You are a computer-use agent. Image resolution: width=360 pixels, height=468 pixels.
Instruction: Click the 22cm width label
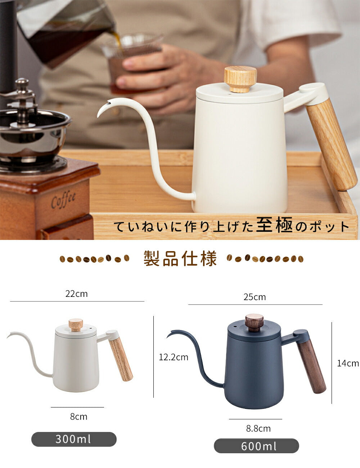click(76, 294)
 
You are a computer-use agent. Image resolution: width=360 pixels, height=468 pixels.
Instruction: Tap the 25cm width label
click(255, 297)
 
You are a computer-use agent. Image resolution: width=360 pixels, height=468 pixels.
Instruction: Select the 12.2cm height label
click(174, 357)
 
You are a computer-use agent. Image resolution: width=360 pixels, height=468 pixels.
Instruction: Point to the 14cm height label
click(348, 363)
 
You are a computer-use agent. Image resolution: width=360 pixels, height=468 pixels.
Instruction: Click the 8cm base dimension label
click(78, 417)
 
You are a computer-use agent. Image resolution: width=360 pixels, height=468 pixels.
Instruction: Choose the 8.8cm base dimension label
click(258, 429)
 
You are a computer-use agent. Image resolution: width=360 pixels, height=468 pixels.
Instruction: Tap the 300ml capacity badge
click(74, 439)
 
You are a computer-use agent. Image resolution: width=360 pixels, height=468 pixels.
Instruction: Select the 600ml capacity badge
click(256, 446)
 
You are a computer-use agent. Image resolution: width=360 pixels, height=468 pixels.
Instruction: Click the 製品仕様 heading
click(180, 258)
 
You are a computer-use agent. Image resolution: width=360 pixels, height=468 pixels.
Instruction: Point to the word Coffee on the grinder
click(63, 200)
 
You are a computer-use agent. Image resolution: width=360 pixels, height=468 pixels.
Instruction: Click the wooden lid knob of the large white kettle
click(240, 79)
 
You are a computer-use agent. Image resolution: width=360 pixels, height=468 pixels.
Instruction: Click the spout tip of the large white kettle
click(98, 117)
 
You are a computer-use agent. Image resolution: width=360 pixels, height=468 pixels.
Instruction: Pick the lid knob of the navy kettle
click(255, 322)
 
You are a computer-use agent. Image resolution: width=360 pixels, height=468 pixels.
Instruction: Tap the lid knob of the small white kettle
click(76, 325)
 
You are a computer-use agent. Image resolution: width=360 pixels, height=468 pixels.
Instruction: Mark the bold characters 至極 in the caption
click(274, 225)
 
